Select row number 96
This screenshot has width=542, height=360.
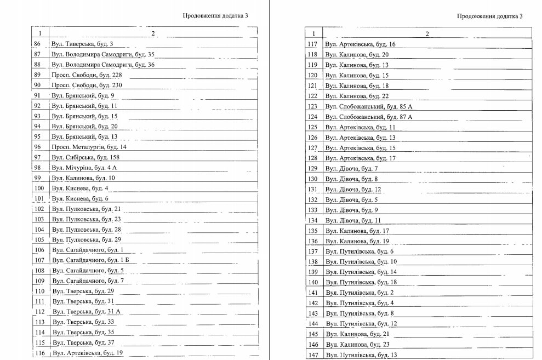coord(38,147)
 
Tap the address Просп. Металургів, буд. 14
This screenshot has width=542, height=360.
coord(89,147)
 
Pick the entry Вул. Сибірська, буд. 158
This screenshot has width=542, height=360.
coord(85,157)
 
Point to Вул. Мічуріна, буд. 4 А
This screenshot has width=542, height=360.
coord(84,168)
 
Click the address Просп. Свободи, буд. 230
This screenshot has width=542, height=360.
coord(87,85)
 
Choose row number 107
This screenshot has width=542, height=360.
coord(39,260)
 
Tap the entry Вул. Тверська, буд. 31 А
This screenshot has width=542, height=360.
coord(86,312)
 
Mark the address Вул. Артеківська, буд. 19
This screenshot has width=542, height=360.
coord(88,353)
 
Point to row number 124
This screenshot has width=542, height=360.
coord(313,117)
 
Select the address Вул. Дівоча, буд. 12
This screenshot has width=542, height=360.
coord(352,189)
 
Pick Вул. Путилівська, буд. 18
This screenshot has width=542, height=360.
coord(361,282)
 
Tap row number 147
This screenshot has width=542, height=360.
coord(313,355)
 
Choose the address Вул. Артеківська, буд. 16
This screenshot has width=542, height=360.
coord(360,44)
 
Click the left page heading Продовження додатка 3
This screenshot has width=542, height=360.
coord(215,16)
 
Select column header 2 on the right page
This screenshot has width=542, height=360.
coord(427,34)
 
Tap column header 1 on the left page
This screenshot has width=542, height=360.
coord(40,33)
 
